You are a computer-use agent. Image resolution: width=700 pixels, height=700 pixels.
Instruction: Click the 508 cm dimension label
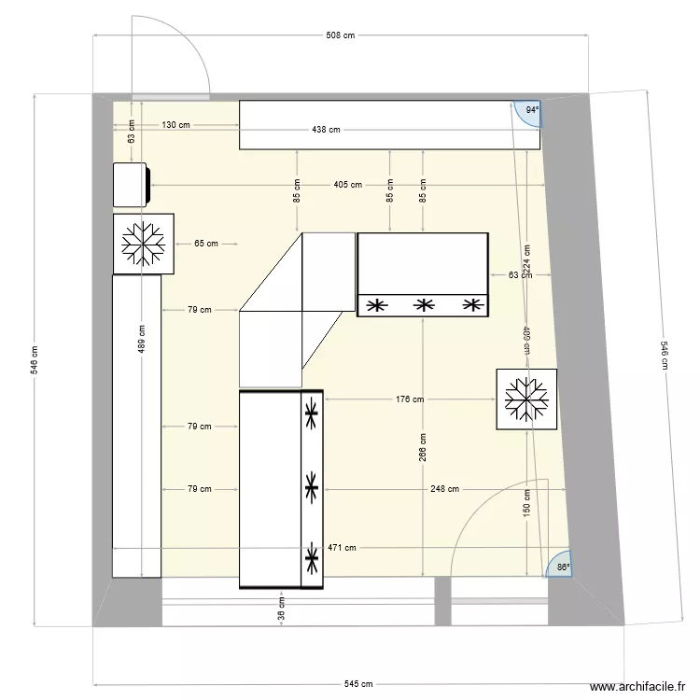click(342, 36)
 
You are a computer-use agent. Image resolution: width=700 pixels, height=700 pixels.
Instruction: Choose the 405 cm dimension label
click(347, 185)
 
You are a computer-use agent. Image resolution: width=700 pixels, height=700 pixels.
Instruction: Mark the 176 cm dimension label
click(410, 399)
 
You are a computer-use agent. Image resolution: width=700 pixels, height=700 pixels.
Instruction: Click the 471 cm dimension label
click(342, 548)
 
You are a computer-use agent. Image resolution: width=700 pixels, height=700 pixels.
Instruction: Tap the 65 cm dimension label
click(206, 245)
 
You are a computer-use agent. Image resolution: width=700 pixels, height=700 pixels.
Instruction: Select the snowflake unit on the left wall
click(144, 245)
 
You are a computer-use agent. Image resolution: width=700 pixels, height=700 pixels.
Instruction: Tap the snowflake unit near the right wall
click(526, 399)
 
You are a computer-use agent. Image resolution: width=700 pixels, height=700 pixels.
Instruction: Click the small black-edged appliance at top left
click(132, 185)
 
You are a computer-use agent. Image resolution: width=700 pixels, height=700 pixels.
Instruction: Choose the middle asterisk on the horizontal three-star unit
click(424, 305)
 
